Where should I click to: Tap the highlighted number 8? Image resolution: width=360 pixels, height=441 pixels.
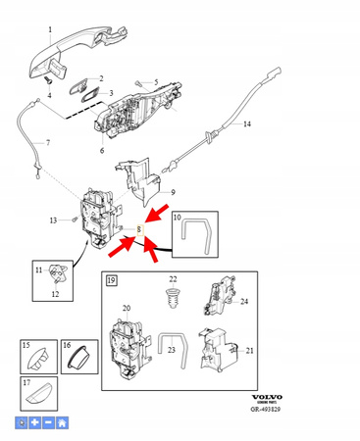click(139, 231)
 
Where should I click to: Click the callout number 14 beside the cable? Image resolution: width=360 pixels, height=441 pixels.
click(247, 124)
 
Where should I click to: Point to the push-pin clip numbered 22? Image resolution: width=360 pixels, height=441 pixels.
click(174, 297)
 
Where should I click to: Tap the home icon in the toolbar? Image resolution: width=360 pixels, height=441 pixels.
click(63, 423)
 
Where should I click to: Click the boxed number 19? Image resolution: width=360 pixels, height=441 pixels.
click(112, 281)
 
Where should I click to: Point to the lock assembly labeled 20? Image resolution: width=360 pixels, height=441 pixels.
click(129, 342)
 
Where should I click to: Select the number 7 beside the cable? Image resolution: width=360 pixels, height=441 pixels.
click(46, 144)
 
